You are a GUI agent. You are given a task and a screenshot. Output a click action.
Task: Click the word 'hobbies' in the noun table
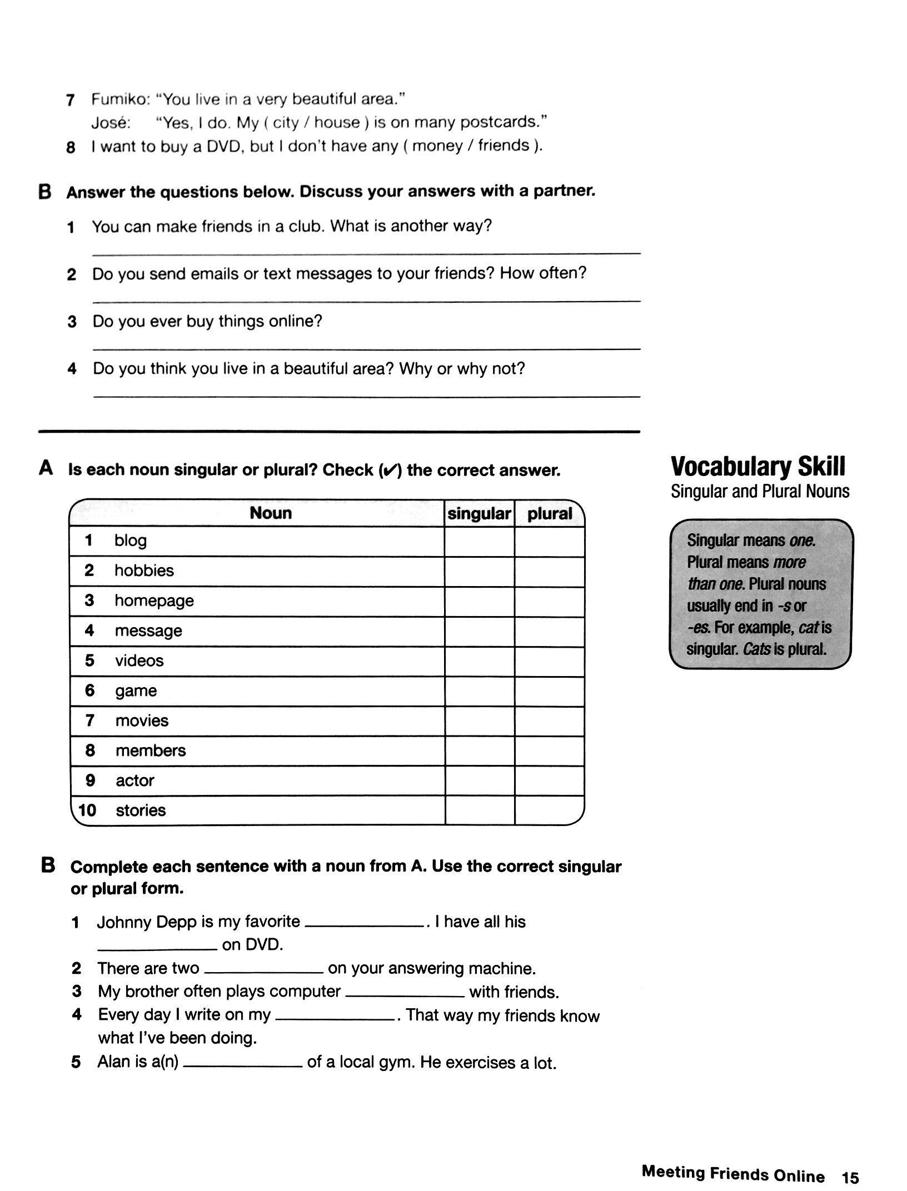144,571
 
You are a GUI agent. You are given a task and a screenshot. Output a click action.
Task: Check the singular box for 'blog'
479,542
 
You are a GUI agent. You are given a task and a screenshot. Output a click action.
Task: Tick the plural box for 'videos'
549,662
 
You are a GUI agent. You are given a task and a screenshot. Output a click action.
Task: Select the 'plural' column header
549,514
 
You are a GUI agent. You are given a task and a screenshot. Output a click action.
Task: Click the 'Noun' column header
271,513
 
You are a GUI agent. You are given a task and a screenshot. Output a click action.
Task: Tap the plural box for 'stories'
549,810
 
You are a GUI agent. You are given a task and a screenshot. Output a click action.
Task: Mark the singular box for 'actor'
479,780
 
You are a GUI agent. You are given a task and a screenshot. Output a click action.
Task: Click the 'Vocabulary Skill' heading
758,467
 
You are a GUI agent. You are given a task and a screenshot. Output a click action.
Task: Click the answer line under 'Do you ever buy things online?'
366,348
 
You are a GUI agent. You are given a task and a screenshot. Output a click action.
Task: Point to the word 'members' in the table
151,750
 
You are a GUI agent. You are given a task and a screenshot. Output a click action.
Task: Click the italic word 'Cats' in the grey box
756,649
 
